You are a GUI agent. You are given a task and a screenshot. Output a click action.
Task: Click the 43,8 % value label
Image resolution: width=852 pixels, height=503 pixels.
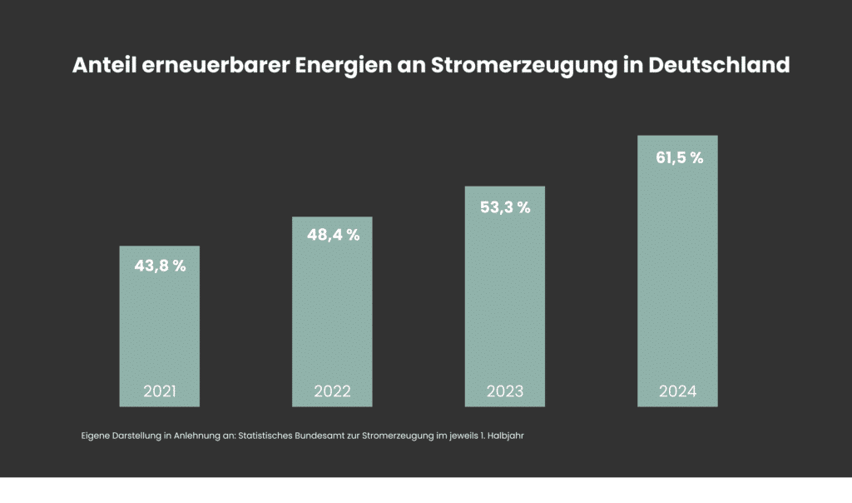point(160,266)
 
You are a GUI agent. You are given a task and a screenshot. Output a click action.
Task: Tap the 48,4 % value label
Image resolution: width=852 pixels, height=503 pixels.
point(333,236)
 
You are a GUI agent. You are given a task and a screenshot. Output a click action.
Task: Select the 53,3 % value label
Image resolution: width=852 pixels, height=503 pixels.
point(505,207)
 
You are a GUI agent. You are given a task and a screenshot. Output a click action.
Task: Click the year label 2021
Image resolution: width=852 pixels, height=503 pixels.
point(160,391)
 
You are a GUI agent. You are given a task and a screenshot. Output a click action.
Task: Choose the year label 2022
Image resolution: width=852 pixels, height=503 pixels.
point(333,391)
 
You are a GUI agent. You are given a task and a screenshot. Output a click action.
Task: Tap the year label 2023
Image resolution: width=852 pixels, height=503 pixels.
point(505,391)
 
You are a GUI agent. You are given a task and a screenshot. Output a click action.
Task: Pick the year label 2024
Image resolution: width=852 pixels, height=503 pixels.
point(677,391)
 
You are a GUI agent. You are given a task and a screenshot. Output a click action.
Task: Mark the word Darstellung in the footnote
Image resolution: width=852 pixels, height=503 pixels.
point(137,436)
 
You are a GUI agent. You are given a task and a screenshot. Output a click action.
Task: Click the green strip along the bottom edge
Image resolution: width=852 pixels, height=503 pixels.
point(426,491)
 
